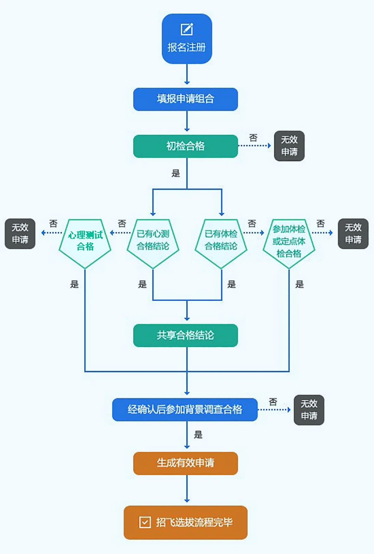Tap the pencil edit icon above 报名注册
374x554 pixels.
pos(187,29)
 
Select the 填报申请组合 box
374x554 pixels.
pos(185,99)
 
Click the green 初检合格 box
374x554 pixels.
pos(185,146)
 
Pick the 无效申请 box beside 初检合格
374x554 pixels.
pos(289,146)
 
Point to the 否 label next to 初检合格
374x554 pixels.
pos(253,138)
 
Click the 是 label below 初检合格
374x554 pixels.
pos(175,173)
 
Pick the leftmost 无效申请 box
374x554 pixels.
pos(20,234)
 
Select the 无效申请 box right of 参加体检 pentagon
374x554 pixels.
pos(353,234)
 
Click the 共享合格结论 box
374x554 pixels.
pos(185,335)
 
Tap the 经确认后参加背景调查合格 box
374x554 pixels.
pos(185,409)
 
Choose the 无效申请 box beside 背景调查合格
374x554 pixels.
pos(309,409)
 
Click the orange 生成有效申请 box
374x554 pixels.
pos(185,463)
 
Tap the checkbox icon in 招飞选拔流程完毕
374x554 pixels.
pos(145,522)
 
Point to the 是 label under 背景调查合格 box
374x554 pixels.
pos(198,434)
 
